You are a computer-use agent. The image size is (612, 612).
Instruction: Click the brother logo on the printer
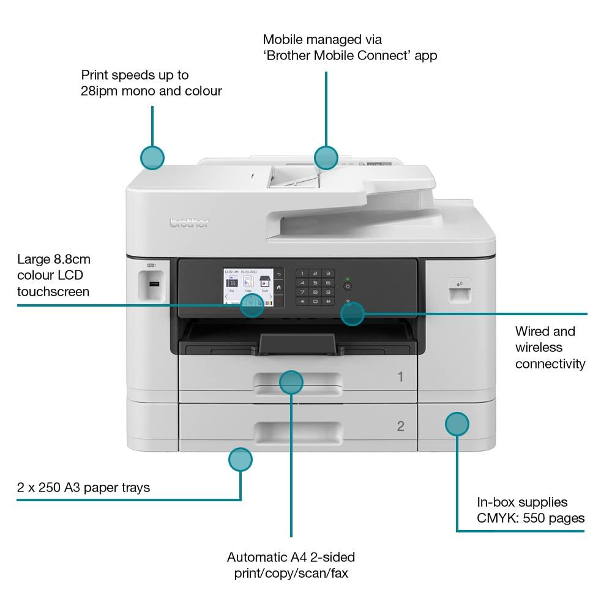pyautogui.click(x=189, y=223)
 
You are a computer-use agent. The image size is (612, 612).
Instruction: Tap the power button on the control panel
pyautogui.click(x=348, y=286)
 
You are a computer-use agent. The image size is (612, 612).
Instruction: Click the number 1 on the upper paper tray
pyautogui.click(x=400, y=376)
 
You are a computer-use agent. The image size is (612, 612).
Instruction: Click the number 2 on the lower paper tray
pyautogui.click(x=400, y=426)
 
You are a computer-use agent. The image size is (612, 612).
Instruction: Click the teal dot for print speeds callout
pyautogui.click(x=152, y=158)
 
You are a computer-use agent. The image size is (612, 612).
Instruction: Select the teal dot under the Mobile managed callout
pyautogui.click(x=326, y=158)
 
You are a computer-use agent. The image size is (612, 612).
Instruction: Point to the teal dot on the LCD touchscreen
pyautogui.click(x=252, y=305)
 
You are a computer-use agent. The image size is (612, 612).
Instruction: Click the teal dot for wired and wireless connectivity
pyautogui.click(x=352, y=314)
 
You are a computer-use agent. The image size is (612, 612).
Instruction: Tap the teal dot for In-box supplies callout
pyautogui.click(x=457, y=424)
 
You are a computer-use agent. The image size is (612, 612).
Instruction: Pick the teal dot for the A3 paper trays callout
pyautogui.click(x=241, y=459)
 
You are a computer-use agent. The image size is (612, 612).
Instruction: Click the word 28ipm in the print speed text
pyautogui.click(x=99, y=91)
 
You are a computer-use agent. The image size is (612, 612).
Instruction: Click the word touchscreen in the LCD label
pyautogui.click(x=53, y=291)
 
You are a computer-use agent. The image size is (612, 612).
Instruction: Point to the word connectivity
pyautogui.click(x=550, y=364)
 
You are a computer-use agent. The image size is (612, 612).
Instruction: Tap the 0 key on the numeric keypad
pyautogui.click(x=315, y=301)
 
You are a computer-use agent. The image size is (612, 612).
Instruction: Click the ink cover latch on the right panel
pyautogui.click(x=459, y=291)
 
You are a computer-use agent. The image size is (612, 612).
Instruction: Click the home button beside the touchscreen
pyautogui.click(x=278, y=287)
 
